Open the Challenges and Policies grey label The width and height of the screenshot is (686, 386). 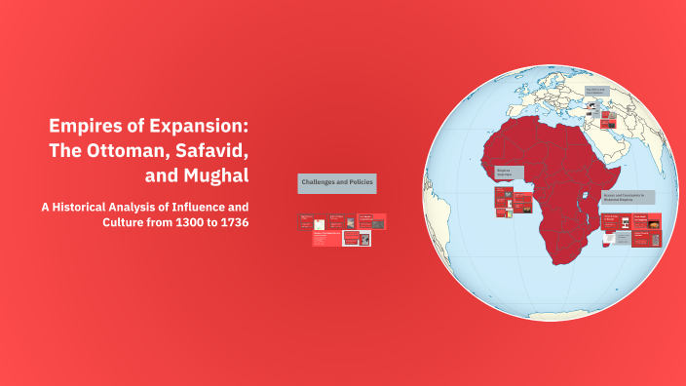click(336, 182)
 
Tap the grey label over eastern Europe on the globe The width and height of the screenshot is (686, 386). click(595, 93)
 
